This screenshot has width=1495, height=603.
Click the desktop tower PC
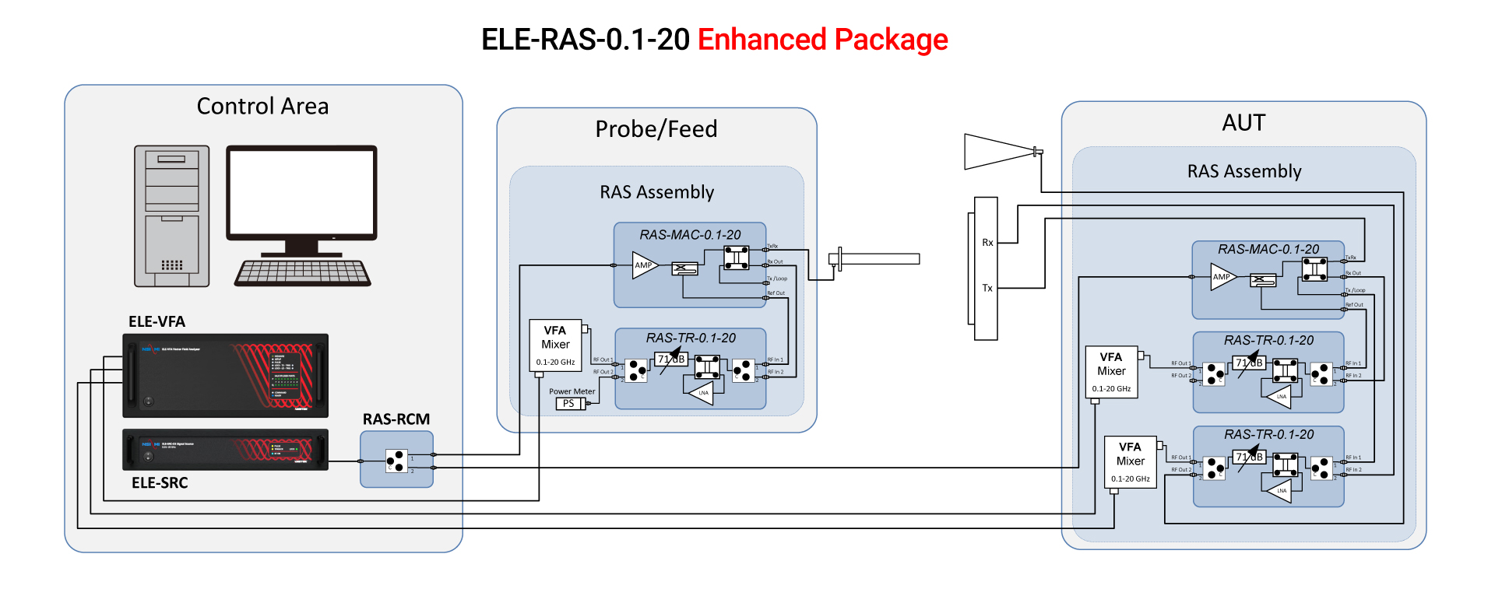tap(171, 216)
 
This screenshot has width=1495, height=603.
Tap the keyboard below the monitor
tap(303, 273)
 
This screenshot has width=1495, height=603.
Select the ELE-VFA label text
tap(157, 321)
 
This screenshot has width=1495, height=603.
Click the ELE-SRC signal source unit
tap(225, 450)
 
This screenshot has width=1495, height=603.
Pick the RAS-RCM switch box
tap(396, 460)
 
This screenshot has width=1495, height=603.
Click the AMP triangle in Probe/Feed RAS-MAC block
tap(644, 265)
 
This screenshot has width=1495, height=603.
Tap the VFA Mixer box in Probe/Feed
tap(555, 345)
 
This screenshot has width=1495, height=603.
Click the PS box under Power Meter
tap(569, 403)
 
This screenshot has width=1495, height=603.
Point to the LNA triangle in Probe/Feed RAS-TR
tap(702, 393)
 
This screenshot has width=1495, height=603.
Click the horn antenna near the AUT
tap(998, 152)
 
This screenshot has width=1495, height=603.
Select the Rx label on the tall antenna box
tap(987, 243)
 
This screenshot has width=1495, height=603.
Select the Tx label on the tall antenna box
tap(987, 288)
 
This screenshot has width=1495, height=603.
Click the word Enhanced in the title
tap(762, 40)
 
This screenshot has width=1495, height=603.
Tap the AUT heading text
tap(1243, 123)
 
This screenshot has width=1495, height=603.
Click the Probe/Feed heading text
tap(656, 129)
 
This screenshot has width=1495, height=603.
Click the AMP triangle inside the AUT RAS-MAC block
tap(1222, 277)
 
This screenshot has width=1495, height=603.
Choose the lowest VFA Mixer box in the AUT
tap(1130, 462)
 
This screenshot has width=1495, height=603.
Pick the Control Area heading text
tap(262, 106)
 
